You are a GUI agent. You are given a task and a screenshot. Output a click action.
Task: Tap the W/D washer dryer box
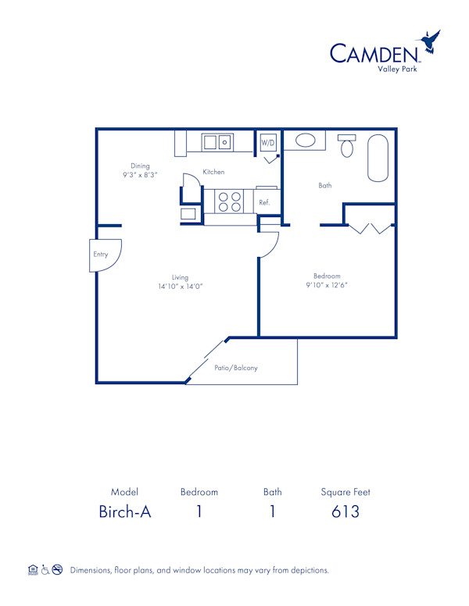click(268, 143)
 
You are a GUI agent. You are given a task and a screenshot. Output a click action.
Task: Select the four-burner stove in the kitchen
click(229, 201)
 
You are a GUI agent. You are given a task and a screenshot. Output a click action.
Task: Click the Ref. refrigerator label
click(264, 202)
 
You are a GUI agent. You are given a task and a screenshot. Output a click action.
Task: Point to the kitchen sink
click(217, 142)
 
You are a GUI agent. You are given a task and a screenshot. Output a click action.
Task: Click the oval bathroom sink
click(305, 141)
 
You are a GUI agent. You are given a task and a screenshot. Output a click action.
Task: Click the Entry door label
click(101, 255)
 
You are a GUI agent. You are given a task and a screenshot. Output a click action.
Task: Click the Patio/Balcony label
click(236, 368)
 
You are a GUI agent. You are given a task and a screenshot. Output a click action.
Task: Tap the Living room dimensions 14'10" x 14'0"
click(181, 287)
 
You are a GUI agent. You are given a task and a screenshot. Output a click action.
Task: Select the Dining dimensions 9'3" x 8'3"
click(140, 175)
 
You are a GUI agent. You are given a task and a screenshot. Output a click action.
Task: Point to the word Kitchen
click(213, 172)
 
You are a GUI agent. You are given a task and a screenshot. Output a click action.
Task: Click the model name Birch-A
click(124, 512)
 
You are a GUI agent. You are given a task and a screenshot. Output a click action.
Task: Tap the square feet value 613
click(345, 512)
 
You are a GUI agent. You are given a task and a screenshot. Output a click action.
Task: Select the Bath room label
click(325, 186)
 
